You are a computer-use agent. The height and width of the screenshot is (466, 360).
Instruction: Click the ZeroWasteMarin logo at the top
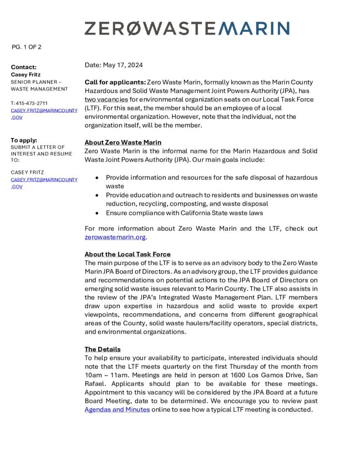(x=187, y=28)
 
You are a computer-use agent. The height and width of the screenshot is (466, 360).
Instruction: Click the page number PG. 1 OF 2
(x=26, y=47)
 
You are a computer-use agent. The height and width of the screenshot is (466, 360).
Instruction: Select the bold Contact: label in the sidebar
(x=24, y=67)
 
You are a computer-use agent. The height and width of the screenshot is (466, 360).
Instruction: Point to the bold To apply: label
(x=24, y=140)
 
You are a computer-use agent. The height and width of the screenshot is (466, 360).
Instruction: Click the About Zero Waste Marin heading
(x=123, y=142)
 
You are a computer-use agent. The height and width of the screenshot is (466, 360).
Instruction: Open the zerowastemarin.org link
(x=115, y=237)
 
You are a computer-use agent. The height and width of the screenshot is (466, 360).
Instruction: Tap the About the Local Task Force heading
(x=127, y=254)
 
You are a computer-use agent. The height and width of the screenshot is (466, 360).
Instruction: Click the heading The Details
(x=102, y=349)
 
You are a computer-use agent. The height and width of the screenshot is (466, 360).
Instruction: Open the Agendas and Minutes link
(x=117, y=410)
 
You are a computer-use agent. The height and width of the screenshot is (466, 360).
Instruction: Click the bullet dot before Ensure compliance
(x=97, y=213)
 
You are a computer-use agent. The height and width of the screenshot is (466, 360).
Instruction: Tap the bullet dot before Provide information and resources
(x=97, y=177)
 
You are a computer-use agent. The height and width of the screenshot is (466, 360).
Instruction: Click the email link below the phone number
(x=44, y=114)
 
